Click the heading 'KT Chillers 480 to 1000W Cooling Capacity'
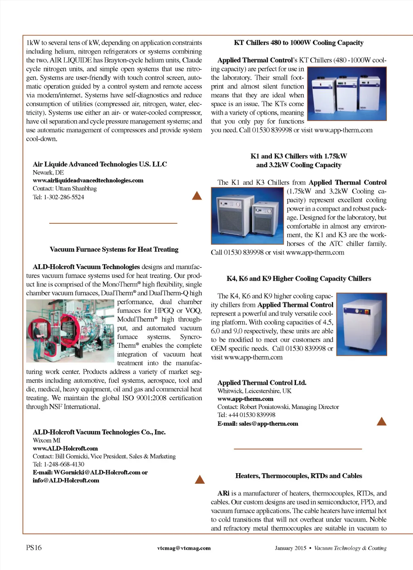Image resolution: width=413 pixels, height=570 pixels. point(298,43)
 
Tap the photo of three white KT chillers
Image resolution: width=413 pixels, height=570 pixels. point(347,94)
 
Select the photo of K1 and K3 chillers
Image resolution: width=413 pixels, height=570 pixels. point(247,216)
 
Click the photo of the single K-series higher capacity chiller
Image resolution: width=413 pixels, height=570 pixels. point(362,324)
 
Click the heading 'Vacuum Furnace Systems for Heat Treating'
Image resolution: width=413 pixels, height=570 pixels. point(114,249)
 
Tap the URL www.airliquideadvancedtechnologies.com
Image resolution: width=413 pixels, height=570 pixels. point(88,180)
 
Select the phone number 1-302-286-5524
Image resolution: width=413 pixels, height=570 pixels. point(64,197)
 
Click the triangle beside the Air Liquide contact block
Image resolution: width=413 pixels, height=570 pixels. point(197,196)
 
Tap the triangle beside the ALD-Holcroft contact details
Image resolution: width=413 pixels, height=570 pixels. point(200,480)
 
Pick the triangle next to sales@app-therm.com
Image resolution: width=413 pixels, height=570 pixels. point(382,422)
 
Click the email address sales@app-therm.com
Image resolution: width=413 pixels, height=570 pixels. point(268,424)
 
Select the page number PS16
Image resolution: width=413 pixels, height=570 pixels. point(34,547)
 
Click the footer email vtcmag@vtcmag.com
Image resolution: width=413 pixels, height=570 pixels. point(184,548)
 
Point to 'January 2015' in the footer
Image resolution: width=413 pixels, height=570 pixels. point(290,548)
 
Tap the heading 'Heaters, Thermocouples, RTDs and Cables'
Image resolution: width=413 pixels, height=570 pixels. point(298,476)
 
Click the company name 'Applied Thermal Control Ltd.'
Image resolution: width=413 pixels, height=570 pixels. point(262,382)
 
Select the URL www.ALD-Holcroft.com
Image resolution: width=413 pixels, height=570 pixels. point(65,448)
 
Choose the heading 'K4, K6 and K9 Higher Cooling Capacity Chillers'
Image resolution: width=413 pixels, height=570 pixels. point(298,278)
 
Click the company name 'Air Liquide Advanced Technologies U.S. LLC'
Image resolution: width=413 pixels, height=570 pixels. point(100,164)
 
